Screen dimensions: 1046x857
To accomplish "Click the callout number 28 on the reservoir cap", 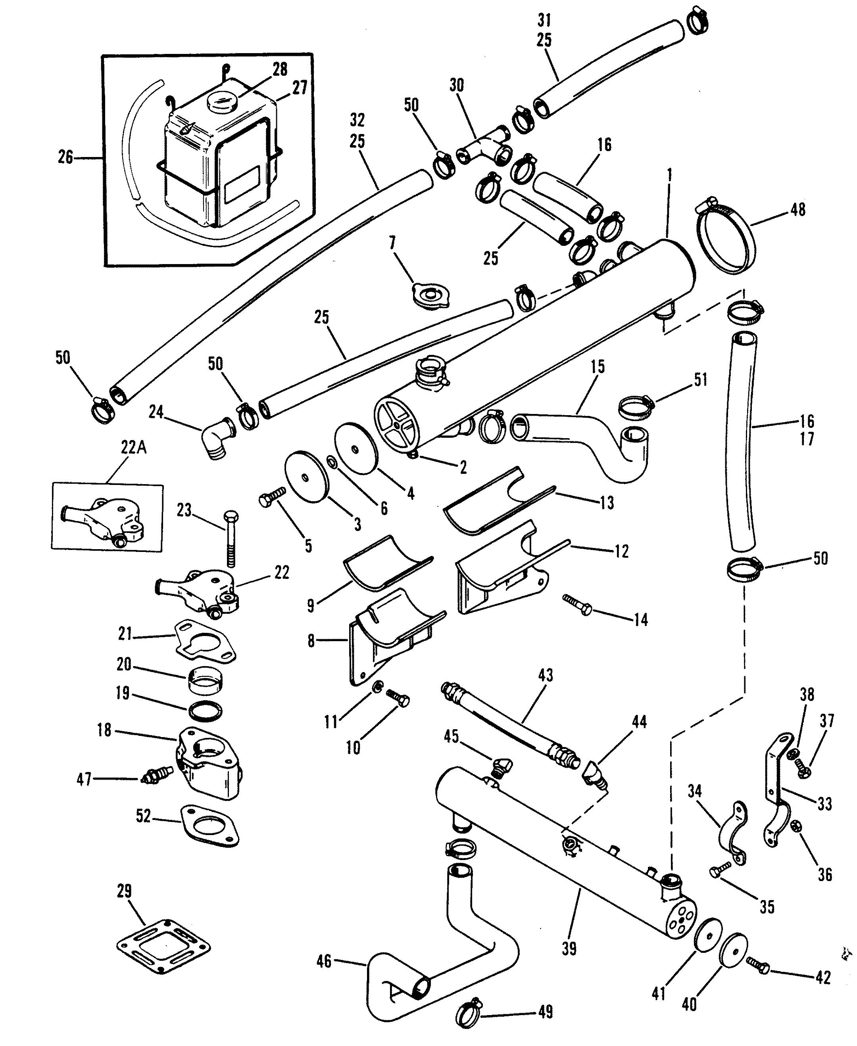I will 280,69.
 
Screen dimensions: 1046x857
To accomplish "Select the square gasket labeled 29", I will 164,945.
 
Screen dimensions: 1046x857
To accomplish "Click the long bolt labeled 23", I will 231,539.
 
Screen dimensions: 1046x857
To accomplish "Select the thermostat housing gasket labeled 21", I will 204,643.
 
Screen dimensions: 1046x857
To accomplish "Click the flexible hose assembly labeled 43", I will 511,725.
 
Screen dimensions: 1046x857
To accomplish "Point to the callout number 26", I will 65,157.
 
